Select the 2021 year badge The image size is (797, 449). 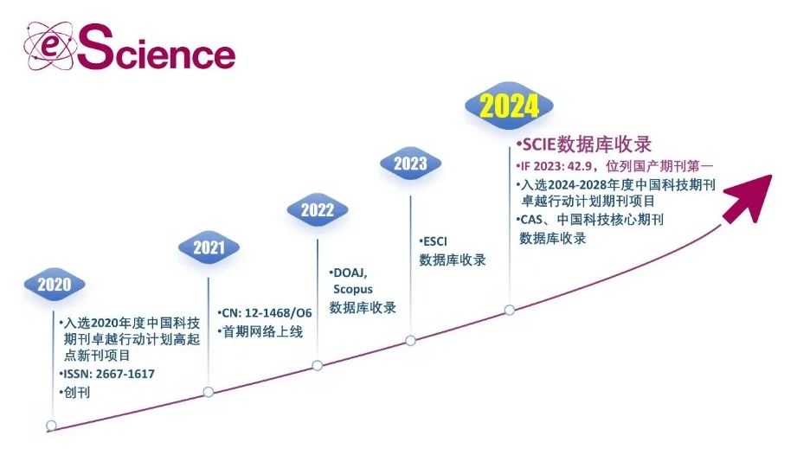[x=209, y=248]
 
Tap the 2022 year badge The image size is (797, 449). [x=318, y=209]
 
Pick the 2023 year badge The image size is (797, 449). [x=410, y=164]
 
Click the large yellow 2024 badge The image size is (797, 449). [x=510, y=106]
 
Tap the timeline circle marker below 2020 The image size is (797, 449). [x=51, y=425]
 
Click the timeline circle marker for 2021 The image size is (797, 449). [x=209, y=392]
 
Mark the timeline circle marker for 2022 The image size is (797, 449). [x=318, y=365]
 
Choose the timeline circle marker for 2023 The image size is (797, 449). [x=410, y=340]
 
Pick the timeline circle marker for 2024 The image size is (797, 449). [x=510, y=309]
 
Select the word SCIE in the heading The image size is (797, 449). [x=537, y=144]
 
